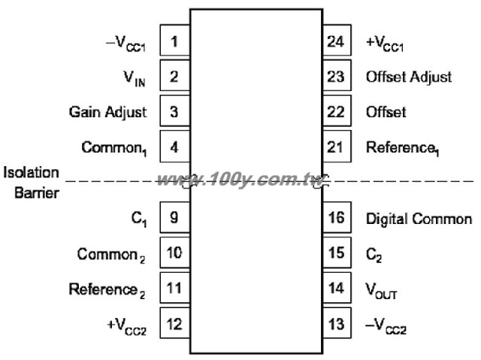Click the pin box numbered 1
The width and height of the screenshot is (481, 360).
175,40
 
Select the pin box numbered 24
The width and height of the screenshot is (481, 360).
337,40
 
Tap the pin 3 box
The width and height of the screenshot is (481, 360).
175,110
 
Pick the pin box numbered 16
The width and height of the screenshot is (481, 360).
337,217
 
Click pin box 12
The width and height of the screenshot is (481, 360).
175,323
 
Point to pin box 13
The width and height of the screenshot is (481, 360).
337,323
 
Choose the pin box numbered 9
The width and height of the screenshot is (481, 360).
175,217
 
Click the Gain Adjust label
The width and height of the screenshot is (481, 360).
108,113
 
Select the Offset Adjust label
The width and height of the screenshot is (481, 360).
409,77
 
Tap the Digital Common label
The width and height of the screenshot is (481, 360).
419,219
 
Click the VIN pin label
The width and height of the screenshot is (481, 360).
135,78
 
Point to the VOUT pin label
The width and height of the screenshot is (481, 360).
381,291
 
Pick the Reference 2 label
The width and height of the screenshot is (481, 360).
107,290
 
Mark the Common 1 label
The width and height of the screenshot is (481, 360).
114,149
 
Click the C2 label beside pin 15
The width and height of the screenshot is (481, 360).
374,255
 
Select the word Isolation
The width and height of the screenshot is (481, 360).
31,172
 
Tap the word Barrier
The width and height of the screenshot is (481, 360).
37,193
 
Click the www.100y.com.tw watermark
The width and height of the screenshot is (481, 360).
240,180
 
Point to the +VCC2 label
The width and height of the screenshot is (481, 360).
127,326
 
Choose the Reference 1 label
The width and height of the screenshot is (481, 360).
403,149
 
